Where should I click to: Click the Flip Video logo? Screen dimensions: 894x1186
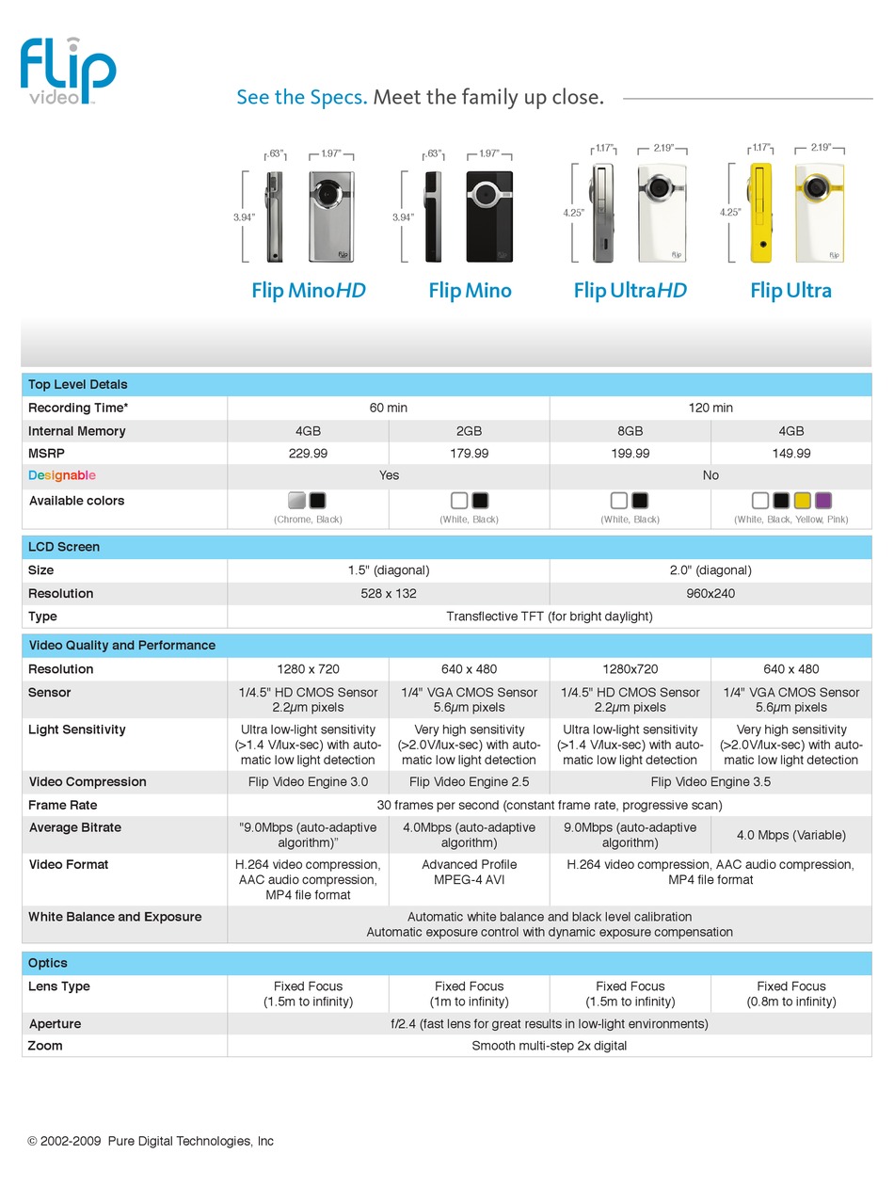pos(68,70)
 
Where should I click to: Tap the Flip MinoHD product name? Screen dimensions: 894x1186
pos(308,290)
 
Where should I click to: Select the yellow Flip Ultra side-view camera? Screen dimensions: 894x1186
pos(760,213)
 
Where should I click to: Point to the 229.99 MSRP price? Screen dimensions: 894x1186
pos(308,454)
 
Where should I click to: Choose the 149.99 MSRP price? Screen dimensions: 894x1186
pos(790,454)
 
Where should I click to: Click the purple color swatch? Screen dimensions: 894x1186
pos(823,501)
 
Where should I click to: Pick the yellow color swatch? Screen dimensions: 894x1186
pos(802,501)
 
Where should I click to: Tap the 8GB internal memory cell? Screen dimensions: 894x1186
pos(630,431)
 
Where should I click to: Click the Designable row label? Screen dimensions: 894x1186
pos(62,475)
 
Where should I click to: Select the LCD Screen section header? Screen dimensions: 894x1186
pos(64,547)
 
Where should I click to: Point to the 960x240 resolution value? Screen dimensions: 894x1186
pos(710,594)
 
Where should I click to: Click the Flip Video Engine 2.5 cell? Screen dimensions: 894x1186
pos(469,782)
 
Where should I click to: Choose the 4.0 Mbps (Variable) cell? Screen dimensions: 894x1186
pos(790,835)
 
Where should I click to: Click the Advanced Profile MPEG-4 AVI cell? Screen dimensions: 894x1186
pos(469,873)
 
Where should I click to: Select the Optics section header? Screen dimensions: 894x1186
pos(48,963)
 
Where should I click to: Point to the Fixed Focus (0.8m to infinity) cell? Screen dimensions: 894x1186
pos(790,994)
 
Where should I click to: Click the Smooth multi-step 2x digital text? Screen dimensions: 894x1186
pos(549,1046)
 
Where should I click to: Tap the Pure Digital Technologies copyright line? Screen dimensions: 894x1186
pos(151,1141)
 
